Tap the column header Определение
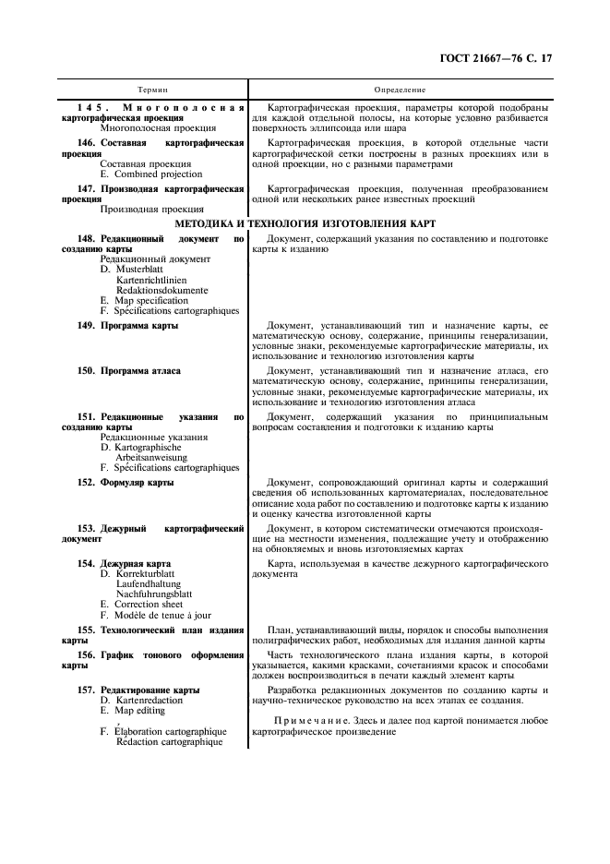(400, 90)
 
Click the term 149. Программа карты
(128, 326)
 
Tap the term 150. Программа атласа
(129, 370)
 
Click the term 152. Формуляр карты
(126, 482)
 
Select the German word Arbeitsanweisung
(151, 457)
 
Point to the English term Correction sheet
(149, 604)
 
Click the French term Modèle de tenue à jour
(159, 615)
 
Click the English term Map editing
(139, 711)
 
